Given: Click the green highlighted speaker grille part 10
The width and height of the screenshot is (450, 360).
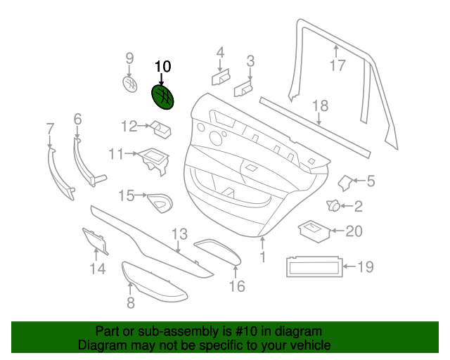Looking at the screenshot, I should click(x=164, y=98).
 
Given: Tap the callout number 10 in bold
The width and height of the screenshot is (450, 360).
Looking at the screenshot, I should click(x=162, y=67).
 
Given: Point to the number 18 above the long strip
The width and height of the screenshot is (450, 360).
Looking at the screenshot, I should click(x=320, y=106).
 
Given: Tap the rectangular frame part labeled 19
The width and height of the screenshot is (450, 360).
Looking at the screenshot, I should click(x=314, y=267).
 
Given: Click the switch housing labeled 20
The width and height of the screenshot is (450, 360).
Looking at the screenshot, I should click(x=313, y=230).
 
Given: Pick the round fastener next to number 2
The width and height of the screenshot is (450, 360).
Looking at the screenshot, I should click(x=333, y=206).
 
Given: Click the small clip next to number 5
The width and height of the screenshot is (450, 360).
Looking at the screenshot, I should click(x=346, y=183).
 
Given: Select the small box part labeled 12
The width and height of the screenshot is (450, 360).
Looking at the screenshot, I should click(x=162, y=128).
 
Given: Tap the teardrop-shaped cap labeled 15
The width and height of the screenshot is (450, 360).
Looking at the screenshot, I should click(x=160, y=202).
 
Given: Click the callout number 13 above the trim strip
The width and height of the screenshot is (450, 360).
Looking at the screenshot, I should click(x=179, y=233).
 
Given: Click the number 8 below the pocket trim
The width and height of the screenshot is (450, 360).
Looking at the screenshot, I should click(x=130, y=303).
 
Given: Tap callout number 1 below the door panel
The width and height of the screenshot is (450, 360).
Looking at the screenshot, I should click(x=263, y=257).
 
